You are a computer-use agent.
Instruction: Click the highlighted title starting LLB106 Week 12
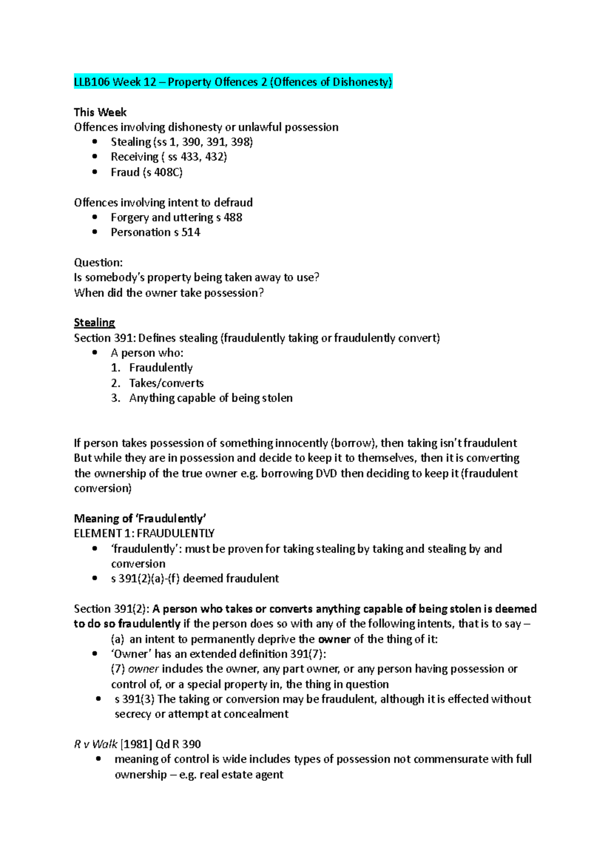click(x=233, y=82)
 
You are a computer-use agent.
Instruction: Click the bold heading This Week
click(x=100, y=112)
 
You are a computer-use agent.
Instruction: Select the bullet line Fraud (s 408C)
click(x=147, y=172)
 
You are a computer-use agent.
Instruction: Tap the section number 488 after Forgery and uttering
click(x=233, y=218)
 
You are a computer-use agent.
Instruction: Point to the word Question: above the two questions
click(x=98, y=262)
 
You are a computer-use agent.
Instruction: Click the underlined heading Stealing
click(x=94, y=322)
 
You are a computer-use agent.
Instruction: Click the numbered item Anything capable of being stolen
click(x=211, y=398)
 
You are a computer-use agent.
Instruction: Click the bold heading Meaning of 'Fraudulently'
click(x=140, y=519)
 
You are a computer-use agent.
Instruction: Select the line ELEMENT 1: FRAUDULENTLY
click(x=144, y=533)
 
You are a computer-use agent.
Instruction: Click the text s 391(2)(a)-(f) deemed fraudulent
click(x=195, y=579)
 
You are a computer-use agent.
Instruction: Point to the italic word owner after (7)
click(x=143, y=669)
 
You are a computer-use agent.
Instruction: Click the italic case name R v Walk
click(x=96, y=744)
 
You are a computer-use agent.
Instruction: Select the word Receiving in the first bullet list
click(x=134, y=157)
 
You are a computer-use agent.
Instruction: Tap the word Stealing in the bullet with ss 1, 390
click(x=131, y=142)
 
